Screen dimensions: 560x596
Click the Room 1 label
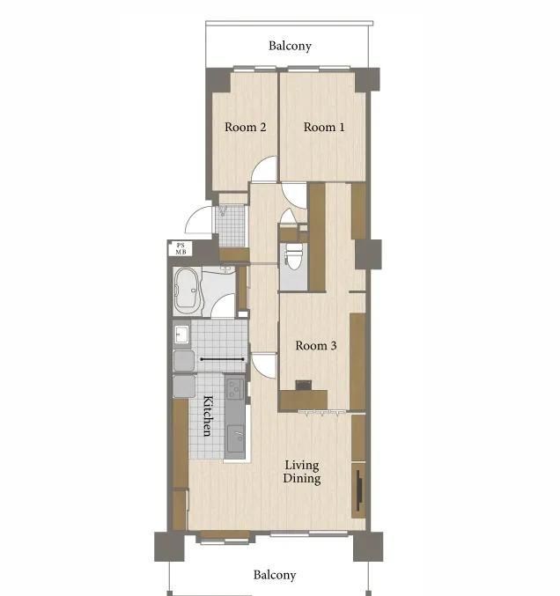324,127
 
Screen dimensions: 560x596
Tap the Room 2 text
245,127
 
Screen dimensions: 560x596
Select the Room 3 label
316,345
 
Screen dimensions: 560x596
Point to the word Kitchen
208,416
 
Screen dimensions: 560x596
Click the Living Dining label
302,472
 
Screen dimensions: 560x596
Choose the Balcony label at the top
290,46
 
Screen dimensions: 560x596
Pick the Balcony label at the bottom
275,575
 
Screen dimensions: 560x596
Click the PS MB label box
181,248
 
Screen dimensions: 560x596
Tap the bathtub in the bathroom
187,288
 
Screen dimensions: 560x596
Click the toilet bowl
294,255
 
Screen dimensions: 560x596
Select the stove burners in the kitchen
235,389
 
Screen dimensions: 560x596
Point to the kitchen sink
236,438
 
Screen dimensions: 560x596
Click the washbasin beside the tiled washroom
181,335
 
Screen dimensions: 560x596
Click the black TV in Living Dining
359,490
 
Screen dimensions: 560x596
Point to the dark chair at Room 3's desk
304,385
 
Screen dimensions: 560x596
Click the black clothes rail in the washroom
223,359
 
